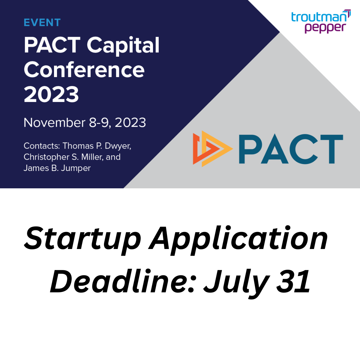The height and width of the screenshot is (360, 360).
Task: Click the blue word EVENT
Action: tap(42, 23)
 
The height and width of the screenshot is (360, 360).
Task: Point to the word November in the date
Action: tap(54, 122)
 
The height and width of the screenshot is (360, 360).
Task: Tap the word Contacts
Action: tap(42, 146)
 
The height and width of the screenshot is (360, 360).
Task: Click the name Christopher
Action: tap(47, 157)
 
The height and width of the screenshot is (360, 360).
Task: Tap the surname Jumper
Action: tap(76, 168)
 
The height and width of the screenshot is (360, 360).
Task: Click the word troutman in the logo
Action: tap(319, 17)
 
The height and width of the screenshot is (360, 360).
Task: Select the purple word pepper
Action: tap(325, 28)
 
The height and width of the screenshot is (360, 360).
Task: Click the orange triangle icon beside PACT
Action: tap(213, 149)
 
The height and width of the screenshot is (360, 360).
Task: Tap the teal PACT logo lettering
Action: tap(291, 149)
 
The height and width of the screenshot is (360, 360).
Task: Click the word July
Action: tap(237, 284)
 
